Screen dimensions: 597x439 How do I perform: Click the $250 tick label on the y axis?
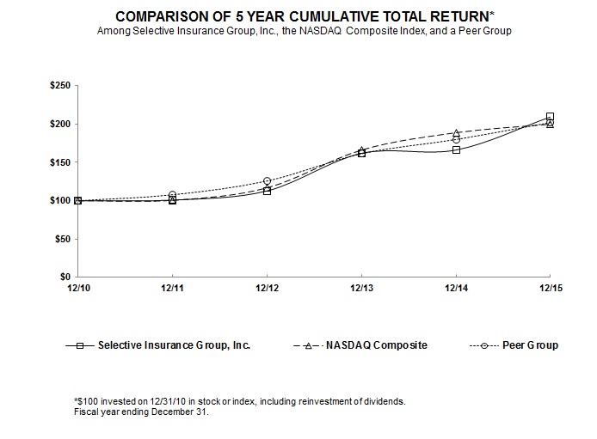click(x=60, y=86)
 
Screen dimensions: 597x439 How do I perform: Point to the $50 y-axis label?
click(x=63, y=239)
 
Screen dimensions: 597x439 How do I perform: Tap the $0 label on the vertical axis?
click(x=65, y=277)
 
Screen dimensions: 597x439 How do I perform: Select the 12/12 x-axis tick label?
click(x=267, y=288)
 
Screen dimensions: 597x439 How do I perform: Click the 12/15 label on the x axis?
click(x=551, y=288)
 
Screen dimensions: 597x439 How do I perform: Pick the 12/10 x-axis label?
click(x=79, y=288)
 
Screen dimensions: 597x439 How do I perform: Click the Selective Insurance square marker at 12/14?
click(x=456, y=150)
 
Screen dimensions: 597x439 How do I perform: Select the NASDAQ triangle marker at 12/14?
click(x=456, y=133)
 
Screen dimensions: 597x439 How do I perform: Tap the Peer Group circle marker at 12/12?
click(x=267, y=181)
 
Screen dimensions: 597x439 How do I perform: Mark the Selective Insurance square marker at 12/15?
click(x=550, y=116)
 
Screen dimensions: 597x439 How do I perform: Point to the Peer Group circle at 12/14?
click(x=456, y=140)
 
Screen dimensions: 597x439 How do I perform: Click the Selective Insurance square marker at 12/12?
click(x=267, y=192)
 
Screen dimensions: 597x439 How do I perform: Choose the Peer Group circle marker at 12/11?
click(x=172, y=195)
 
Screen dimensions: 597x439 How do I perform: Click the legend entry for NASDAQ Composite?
click(x=360, y=345)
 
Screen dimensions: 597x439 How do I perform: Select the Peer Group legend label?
click(x=531, y=345)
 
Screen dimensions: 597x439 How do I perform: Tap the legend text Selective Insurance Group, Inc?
click(x=174, y=345)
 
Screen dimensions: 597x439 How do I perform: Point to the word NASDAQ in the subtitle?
click(x=320, y=31)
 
